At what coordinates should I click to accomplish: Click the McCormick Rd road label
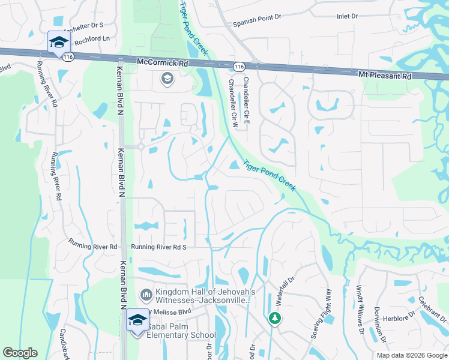click(163, 62)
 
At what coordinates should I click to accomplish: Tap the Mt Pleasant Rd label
click(385, 76)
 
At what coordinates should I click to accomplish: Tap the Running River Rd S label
click(160, 247)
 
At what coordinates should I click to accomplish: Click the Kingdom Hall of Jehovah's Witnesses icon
click(145, 295)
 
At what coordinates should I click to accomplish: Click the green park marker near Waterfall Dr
click(275, 317)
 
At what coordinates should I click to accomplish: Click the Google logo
click(20, 353)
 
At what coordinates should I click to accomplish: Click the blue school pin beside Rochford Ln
click(59, 42)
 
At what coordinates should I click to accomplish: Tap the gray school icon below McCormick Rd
click(166, 78)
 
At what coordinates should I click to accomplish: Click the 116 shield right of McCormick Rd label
click(240, 66)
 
